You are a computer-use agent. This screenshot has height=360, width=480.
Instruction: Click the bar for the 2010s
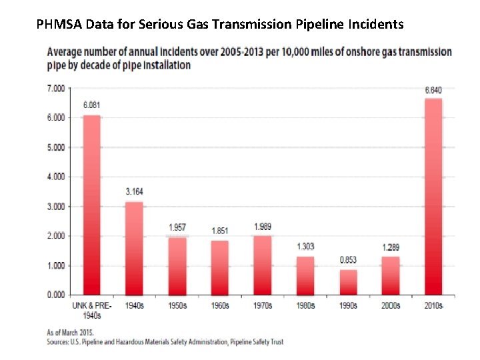[x=433, y=197]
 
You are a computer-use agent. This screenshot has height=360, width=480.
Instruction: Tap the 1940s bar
[x=135, y=248]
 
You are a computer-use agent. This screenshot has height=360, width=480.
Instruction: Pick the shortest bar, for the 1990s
[x=348, y=282]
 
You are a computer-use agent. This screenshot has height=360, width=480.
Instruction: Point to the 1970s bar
[x=263, y=265]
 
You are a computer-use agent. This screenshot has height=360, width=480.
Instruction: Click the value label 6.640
[x=433, y=90]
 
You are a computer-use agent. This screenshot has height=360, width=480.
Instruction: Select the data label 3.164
[x=135, y=192]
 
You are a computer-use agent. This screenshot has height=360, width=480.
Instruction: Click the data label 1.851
[x=220, y=231]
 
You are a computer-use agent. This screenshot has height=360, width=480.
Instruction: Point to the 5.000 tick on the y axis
[x=55, y=147]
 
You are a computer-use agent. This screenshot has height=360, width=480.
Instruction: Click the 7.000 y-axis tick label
[x=55, y=88]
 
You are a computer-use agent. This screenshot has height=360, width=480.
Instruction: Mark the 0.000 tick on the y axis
[x=55, y=295]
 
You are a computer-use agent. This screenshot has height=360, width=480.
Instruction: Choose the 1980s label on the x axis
[x=305, y=306]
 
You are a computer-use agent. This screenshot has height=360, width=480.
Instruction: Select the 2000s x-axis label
[x=391, y=306]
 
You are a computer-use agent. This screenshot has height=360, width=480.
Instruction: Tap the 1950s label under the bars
[x=177, y=306]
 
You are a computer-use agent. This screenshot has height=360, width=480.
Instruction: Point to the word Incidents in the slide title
[x=376, y=25]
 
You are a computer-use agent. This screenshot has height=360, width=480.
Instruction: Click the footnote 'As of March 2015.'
[x=70, y=332]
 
